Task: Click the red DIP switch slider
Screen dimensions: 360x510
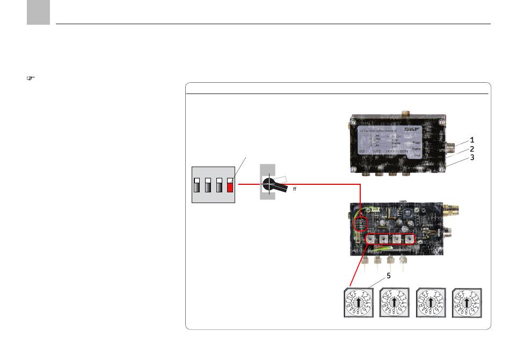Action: pyautogui.click(x=230, y=186)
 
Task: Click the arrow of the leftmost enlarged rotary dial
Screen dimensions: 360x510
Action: pyautogui.click(x=358, y=304)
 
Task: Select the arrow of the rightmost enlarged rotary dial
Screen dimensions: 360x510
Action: pyautogui.click(x=467, y=304)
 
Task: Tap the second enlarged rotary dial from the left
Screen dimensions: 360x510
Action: pyautogui.click(x=394, y=304)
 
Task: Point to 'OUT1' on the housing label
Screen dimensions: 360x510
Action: pyautogui.click(x=363, y=152)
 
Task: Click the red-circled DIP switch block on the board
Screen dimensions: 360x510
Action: pyautogui.click(x=361, y=222)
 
